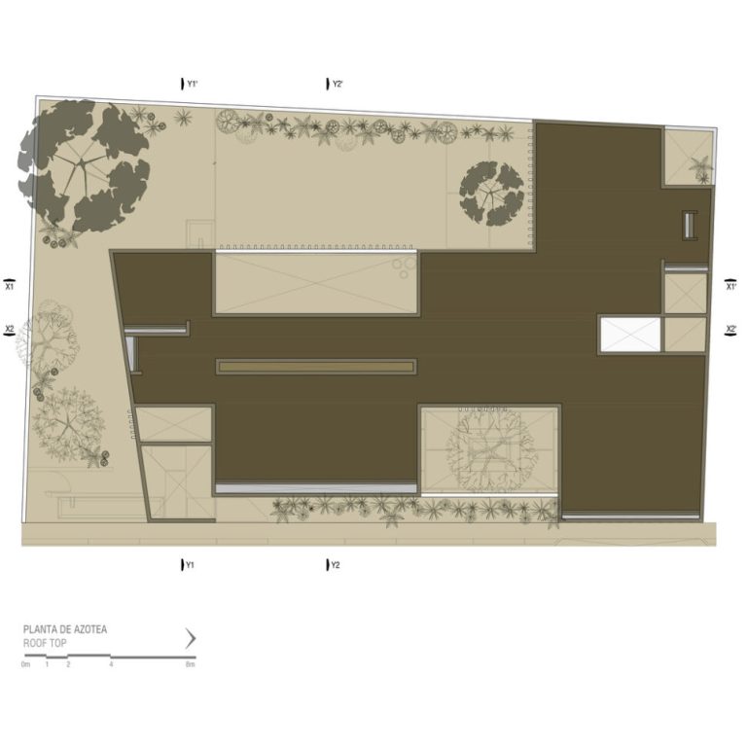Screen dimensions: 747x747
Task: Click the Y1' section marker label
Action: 192,84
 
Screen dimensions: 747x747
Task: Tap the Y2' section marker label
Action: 338,84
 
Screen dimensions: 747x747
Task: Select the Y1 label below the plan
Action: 190,565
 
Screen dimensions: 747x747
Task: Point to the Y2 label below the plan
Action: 336,565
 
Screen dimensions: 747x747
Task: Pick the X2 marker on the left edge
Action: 9,330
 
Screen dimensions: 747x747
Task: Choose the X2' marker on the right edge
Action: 730,330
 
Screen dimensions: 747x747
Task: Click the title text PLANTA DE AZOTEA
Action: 65,629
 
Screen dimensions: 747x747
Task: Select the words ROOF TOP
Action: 45,643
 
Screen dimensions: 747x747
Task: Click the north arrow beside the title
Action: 191,638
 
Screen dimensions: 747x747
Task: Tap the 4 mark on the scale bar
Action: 111,664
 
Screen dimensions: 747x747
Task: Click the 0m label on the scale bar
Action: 25,664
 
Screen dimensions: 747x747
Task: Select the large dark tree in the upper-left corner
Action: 84,165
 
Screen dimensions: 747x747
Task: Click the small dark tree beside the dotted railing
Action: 491,194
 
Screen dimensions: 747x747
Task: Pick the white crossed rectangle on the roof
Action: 630,335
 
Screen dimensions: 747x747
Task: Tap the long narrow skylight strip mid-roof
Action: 316,367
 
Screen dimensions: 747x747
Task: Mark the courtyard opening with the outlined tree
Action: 489,449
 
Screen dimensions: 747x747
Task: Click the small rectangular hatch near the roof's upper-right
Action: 690,225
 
